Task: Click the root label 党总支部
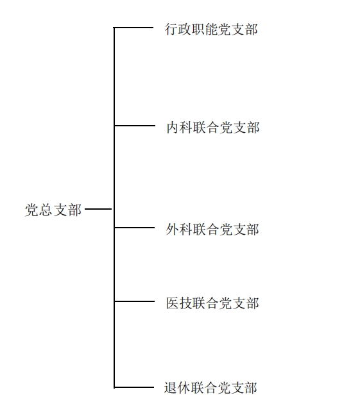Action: pos(53,210)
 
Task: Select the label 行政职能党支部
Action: pos(211,29)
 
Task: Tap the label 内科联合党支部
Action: pos(213,127)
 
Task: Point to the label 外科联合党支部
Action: pos(212,230)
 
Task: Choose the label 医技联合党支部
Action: pos(212,303)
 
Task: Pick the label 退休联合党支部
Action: pos(210,387)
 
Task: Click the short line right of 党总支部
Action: pos(98,209)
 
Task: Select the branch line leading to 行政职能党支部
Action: pos(133,28)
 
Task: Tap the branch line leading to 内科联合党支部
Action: pos(135,125)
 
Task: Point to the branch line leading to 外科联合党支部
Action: pos(134,228)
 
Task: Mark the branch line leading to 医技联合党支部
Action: pos(134,301)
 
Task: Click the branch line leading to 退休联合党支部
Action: pos(133,387)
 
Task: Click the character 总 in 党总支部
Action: pos(46,210)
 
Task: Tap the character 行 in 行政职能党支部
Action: pos(171,29)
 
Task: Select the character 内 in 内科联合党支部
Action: pos(173,127)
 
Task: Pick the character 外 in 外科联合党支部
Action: pos(172,230)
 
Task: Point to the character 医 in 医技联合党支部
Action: pos(172,303)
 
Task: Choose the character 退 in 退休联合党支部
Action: pos(170,387)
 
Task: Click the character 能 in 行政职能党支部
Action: pos(211,29)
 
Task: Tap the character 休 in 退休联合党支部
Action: pos(184,387)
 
